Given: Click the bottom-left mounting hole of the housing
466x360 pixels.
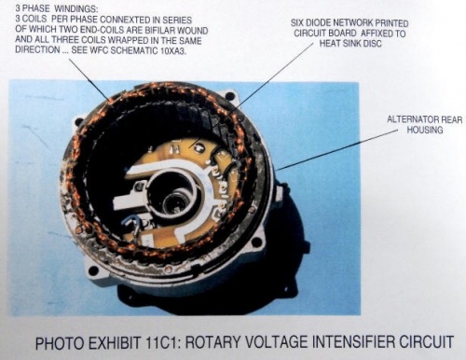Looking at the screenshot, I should click(93, 270).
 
